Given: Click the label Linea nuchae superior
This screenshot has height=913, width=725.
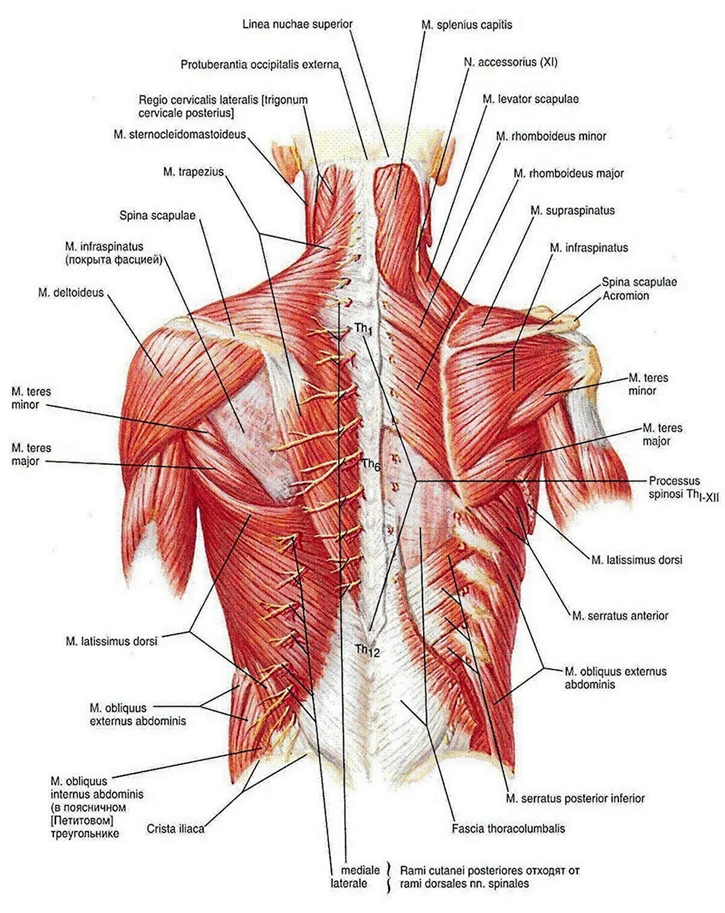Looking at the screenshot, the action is click(297, 24).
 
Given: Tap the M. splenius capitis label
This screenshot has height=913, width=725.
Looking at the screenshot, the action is click(467, 25).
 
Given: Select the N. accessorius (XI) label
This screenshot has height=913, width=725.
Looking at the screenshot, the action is click(511, 63).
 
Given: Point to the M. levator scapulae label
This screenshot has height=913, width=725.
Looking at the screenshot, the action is click(531, 99).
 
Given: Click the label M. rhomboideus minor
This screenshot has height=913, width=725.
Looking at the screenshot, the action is click(551, 136).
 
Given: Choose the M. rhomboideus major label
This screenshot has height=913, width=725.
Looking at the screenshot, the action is click(568, 173).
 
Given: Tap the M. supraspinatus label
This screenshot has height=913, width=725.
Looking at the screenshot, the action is click(573, 211).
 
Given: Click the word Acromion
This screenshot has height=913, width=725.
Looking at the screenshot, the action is click(625, 296).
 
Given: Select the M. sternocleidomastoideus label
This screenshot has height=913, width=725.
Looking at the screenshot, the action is click(179, 134).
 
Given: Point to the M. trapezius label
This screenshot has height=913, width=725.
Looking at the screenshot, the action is click(193, 172).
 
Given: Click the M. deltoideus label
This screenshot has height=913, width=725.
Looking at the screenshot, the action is click(71, 292).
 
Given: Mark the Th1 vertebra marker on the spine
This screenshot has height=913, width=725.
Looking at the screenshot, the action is click(363, 329).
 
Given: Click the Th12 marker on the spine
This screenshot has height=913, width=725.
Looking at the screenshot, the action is click(368, 650).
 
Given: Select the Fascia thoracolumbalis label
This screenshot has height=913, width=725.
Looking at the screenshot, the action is click(508, 829).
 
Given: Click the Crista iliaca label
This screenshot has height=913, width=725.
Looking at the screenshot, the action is click(175, 829).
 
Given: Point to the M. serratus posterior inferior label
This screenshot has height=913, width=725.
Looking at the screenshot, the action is click(575, 799).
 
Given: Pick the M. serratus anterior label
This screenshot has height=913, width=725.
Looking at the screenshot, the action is click(620, 616).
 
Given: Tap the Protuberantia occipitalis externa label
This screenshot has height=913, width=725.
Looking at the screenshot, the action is click(260, 65).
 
